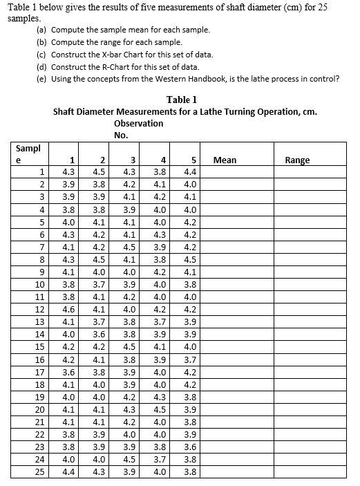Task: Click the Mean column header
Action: tap(225, 160)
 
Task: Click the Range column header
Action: tap(297, 160)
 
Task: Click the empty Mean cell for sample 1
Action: tap(234, 172)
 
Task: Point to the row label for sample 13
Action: tap(40, 321)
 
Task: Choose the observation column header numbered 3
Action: tap(129, 160)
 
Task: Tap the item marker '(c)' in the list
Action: tap(41, 55)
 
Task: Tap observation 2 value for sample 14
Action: tap(100, 335)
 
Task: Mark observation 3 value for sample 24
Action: tap(129, 459)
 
